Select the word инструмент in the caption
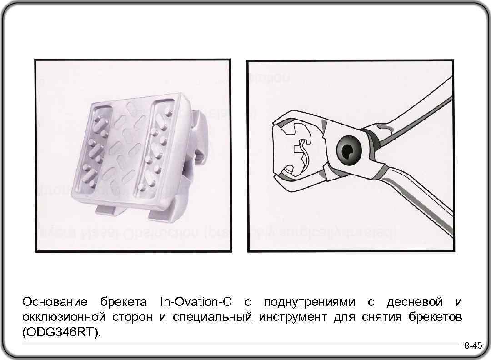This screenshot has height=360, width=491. [x=292, y=317]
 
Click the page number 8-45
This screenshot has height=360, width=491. [x=472, y=346]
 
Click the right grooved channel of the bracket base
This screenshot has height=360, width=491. [x=157, y=145]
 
